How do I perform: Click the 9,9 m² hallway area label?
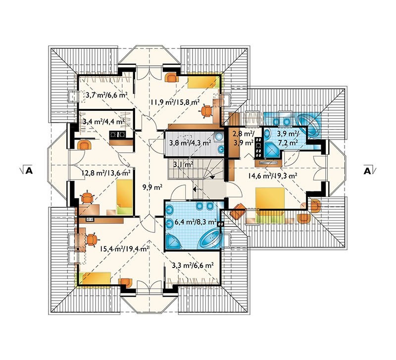[x=152, y=187]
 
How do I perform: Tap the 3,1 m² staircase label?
[x=183, y=165]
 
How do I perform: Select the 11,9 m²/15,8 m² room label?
[x=175, y=102]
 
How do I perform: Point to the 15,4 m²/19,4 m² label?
[x=124, y=249]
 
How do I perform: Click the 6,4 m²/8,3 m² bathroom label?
[x=196, y=222]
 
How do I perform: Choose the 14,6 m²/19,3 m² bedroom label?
[x=273, y=176]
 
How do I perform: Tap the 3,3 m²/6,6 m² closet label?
[x=193, y=265]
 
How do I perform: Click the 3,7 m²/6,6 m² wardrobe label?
[x=106, y=95]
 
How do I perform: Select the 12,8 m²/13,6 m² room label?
[x=106, y=173]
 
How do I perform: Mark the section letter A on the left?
[x=29, y=171]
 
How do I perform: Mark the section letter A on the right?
[x=367, y=171]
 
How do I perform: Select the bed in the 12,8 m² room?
[x=125, y=197]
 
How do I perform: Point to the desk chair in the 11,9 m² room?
[x=207, y=111]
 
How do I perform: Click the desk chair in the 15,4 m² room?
[x=92, y=240]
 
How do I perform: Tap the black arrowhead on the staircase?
[x=212, y=177]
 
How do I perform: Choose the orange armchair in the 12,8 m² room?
[x=84, y=145]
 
